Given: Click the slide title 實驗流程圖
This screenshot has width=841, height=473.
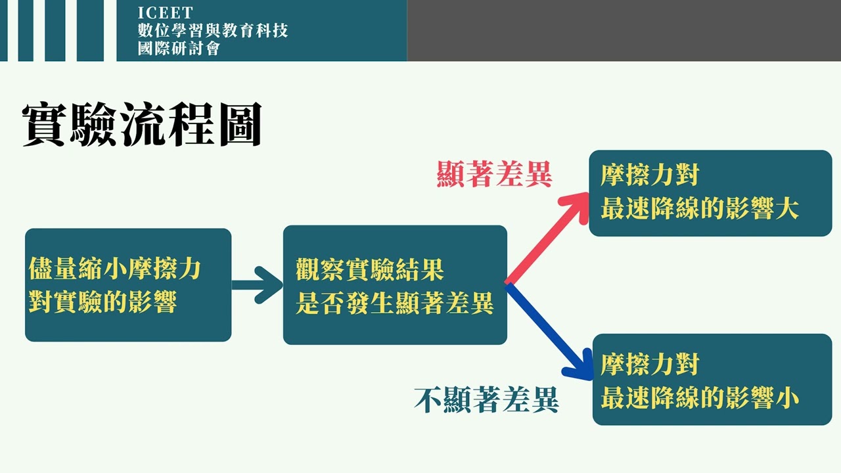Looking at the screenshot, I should point(142,124).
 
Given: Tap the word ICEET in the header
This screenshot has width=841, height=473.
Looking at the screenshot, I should point(166,13).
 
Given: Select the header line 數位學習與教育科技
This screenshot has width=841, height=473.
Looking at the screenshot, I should point(213,30).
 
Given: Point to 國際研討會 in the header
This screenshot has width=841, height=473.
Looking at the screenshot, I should point(179,48).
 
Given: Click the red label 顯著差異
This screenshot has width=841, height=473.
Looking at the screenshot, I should point(495,175).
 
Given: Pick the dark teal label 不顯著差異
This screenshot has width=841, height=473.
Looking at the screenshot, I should point(486,399).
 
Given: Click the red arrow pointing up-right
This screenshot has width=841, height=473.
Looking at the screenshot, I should point(549,236).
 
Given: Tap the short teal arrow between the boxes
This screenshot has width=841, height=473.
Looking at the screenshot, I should point(257,284).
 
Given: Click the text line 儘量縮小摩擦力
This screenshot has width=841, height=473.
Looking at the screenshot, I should point(115,269).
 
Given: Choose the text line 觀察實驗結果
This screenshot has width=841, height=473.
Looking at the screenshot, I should point(370,270).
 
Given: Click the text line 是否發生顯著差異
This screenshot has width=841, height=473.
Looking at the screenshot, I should point(394,304).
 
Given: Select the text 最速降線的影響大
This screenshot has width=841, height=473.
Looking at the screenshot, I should point(699,209).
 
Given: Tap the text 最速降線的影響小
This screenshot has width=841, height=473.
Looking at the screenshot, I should point(699,398).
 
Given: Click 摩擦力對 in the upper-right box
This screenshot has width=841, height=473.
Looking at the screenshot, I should point(649,175).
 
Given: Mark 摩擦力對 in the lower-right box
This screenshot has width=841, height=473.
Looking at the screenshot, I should point(649,365).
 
